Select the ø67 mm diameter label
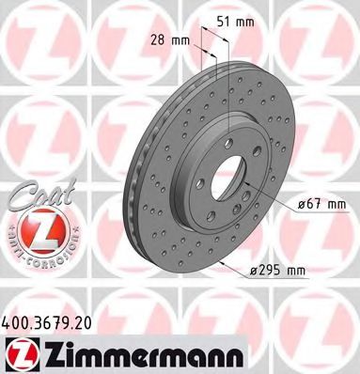coord(321,204)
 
